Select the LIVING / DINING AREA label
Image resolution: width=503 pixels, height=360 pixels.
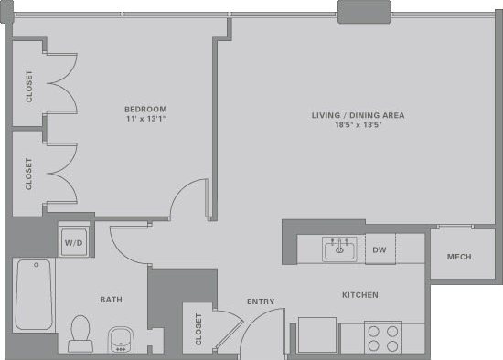point(357,115)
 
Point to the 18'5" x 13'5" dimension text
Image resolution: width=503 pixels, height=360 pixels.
point(357,127)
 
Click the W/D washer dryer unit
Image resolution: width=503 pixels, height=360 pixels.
point(73,243)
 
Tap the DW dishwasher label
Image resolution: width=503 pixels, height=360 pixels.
point(380,249)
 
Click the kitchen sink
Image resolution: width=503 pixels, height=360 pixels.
point(339,249)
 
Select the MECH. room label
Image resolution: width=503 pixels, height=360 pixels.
point(460,257)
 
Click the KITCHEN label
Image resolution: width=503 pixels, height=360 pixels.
point(359,295)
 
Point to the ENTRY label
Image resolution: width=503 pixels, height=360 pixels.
point(261,302)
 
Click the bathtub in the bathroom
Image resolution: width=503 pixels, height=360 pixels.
point(34,294)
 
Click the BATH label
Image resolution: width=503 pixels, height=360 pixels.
point(112,300)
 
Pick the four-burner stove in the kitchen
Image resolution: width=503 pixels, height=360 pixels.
point(383,338)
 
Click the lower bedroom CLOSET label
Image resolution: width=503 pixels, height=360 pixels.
point(29,174)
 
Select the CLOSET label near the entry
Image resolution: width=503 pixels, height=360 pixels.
point(198,330)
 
